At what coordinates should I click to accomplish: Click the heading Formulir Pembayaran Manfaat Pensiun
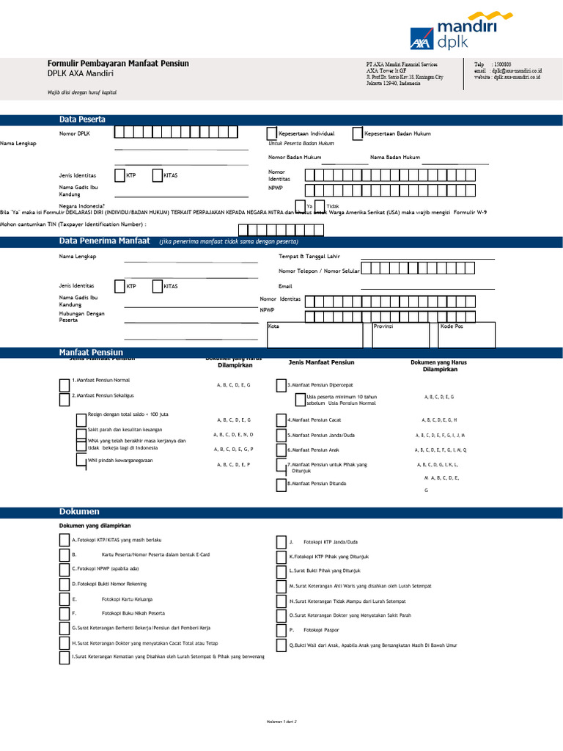pos(118,64)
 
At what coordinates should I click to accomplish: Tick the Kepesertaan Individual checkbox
pos(273,133)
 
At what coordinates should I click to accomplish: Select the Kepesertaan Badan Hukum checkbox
pos(358,133)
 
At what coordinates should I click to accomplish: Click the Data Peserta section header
pos(82,120)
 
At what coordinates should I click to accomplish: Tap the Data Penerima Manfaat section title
pos(104,241)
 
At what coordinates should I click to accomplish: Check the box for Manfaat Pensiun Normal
pos(65,384)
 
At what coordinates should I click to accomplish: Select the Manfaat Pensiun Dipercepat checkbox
pos(281,385)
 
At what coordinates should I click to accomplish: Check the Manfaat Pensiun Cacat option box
pos(281,420)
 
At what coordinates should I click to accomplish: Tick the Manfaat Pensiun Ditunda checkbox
pos(281,484)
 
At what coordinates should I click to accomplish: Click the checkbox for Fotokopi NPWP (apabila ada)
pos(65,569)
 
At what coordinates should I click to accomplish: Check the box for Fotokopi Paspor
pos(281,630)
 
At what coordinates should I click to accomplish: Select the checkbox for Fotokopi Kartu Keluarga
pos(65,599)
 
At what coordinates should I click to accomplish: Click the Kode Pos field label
pos(452,326)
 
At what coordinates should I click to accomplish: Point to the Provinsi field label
pos(383,326)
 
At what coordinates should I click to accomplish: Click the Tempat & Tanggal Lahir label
pos(309,257)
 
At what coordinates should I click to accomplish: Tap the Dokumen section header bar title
pos(78,511)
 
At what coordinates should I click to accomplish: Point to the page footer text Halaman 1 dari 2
pos(281,721)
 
